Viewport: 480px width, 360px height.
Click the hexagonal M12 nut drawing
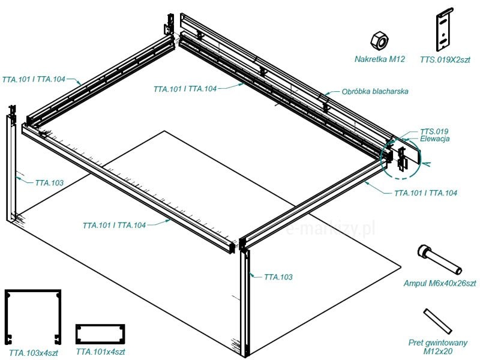(379, 40)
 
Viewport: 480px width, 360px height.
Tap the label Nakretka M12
(380, 59)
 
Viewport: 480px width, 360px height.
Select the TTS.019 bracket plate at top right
(445, 29)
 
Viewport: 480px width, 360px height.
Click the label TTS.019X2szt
(445, 59)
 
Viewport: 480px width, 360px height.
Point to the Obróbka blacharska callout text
(375, 91)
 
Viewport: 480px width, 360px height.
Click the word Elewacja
(434, 139)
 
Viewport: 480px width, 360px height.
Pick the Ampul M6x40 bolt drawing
(439, 260)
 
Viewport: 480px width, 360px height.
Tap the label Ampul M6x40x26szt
(440, 283)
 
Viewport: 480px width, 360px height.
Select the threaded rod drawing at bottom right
(438, 321)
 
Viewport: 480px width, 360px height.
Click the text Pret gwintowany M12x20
(438, 347)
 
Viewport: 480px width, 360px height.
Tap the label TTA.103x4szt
(34, 353)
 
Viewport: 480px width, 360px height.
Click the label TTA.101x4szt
(100, 352)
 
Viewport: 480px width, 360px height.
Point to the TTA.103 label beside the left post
(49, 183)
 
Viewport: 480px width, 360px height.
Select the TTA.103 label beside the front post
(278, 277)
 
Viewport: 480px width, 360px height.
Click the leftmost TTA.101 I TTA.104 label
(34, 79)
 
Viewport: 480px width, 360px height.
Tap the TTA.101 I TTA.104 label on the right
(425, 193)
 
